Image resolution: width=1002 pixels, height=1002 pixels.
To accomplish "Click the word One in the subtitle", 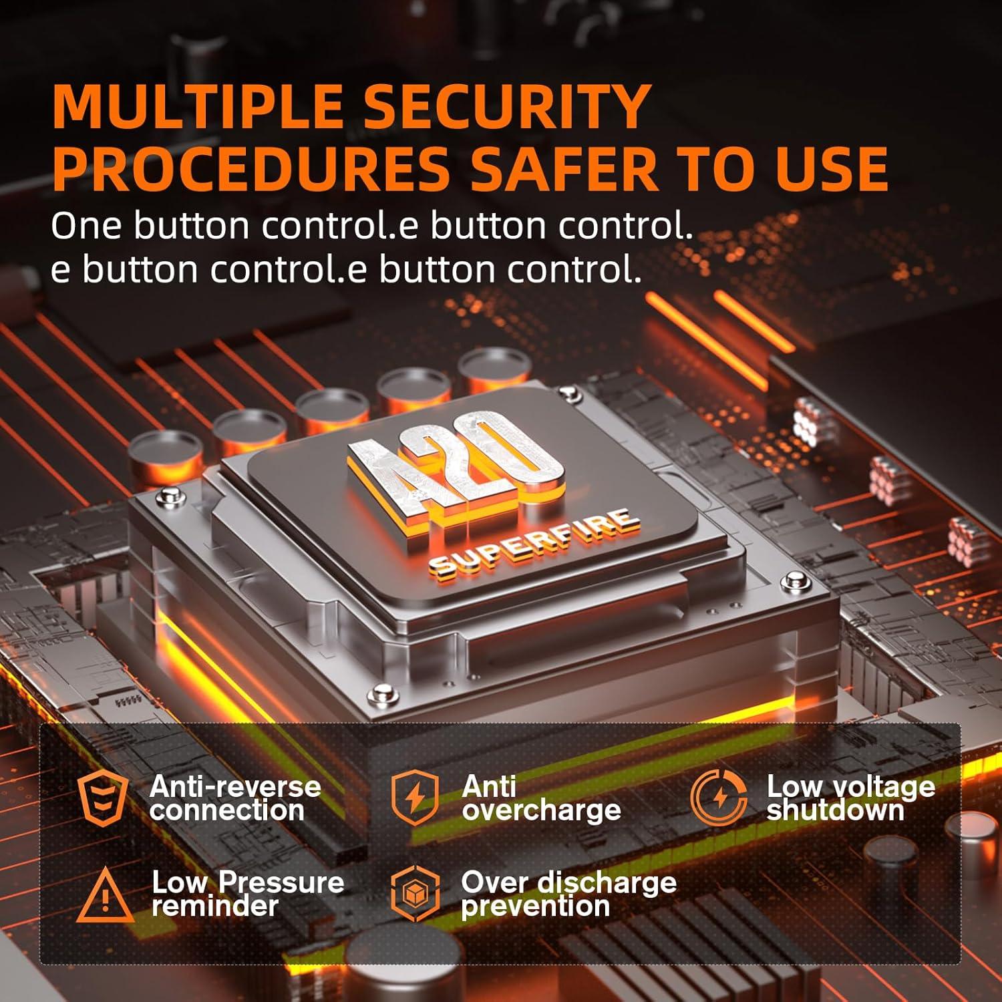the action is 86,226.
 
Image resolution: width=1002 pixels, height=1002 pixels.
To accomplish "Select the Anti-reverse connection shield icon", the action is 102,799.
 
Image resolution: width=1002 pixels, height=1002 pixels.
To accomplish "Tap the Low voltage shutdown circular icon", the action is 718,798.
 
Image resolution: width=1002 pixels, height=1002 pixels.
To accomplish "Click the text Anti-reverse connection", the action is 235,798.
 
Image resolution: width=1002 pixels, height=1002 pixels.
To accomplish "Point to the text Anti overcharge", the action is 541,798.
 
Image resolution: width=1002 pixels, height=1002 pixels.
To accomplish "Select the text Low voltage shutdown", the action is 850,798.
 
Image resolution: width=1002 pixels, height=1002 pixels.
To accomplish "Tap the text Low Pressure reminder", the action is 248,894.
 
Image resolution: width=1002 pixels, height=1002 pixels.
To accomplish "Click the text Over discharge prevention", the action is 568,894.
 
